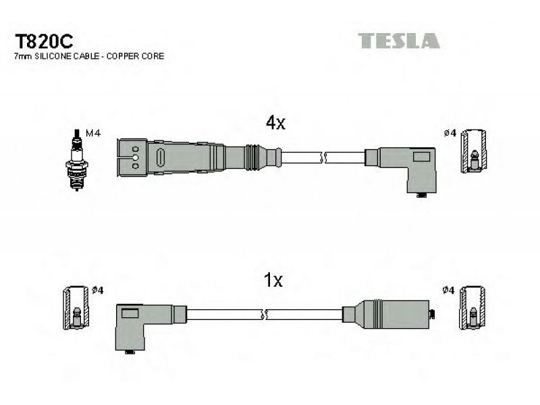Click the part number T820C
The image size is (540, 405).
coord(44,42)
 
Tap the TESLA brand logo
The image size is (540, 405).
coord(399,40)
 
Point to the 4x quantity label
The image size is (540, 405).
coord(275,123)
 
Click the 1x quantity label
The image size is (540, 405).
coord(273,280)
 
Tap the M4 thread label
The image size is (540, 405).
coord(93,133)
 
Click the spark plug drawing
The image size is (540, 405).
coord(76,160)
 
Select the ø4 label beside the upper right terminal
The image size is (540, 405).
coord(450,132)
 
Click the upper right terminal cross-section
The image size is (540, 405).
coord(475,151)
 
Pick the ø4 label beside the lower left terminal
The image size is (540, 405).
coord(97,290)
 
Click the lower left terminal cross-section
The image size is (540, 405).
coord(76,308)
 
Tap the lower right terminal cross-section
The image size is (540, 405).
coord(474,308)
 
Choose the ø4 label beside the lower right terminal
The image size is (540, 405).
coord(448,290)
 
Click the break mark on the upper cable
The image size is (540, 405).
coord(323,157)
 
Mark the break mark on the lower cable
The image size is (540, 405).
coord(265,315)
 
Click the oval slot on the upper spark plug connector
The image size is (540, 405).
coord(161,158)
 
